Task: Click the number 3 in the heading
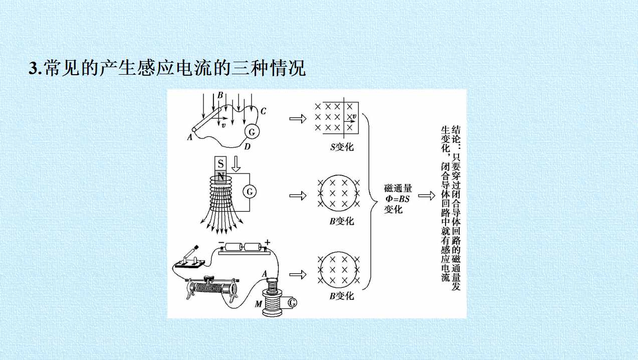[33, 68]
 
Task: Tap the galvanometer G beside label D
[252, 132]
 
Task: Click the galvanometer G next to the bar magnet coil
[250, 192]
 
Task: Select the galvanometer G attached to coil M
[292, 302]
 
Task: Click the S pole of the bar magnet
[221, 163]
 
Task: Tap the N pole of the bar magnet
[221, 176]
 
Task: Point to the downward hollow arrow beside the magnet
[236, 164]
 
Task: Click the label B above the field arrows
[220, 95]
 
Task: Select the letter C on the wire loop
[263, 111]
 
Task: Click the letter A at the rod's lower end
[189, 138]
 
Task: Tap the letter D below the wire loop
[247, 147]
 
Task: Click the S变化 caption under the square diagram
[342, 147]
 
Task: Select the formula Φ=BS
[397, 199]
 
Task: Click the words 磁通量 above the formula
[398, 189]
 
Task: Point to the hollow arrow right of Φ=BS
[427, 196]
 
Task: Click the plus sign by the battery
[267, 243]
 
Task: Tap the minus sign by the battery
[222, 243]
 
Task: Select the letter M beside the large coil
[258, 304]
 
